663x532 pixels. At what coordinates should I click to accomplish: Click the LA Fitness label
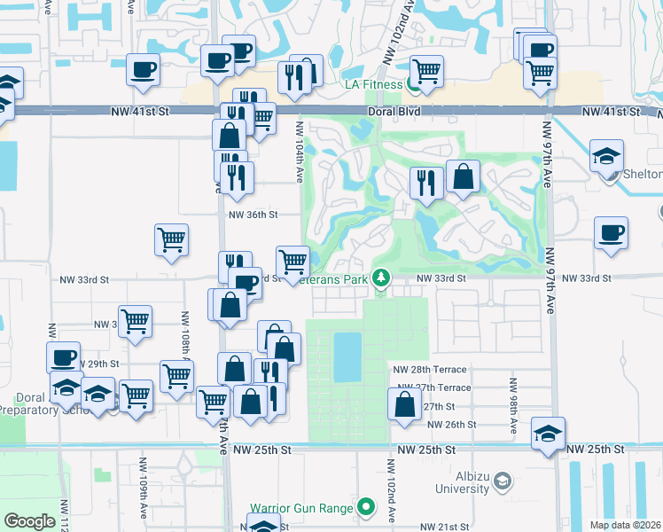click(373, 85)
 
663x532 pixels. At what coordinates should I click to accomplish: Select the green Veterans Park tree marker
click(381, 278)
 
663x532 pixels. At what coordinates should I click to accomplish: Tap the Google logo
click(30, 521)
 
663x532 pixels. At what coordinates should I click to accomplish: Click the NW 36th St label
click(253, 215)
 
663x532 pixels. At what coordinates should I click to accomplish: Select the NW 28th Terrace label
click(429, 369)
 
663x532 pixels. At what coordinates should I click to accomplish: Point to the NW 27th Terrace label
click(434, 387)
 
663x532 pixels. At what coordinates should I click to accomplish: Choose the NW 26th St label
click(451, 425)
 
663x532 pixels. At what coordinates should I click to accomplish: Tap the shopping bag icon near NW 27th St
click(404, 403)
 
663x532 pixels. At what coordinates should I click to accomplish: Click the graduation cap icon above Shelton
click(606, 155)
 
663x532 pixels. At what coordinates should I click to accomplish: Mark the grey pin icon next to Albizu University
click(503, 481)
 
